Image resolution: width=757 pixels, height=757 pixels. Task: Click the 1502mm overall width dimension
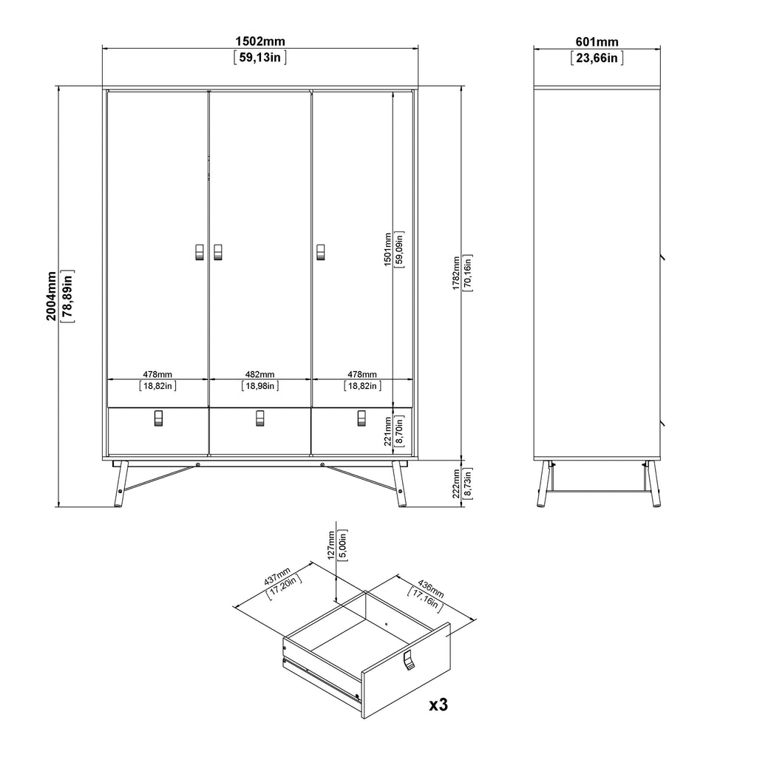click(259, 42)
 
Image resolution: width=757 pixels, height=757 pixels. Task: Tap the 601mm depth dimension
click(597, 42)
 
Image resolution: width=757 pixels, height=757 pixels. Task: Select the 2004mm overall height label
click(51, 295)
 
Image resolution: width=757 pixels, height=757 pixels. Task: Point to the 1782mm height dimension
click(456, 274)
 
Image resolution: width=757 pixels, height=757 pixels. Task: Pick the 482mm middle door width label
click(259, 374)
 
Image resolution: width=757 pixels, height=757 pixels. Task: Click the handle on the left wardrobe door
click(198, 252)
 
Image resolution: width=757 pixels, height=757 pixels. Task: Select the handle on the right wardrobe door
click(321, 252)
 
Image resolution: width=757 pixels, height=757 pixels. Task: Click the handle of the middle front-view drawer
click(259, 418)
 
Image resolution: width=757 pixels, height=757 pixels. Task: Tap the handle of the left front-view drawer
click(157, 418)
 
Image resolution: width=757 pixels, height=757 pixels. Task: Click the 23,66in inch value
click(597, 58)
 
